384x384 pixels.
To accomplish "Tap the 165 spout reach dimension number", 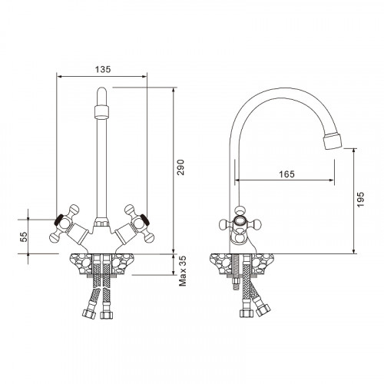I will coord(285,174).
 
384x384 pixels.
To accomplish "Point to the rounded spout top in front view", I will coord(101,98).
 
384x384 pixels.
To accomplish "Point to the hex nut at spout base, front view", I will coord(101,227).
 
